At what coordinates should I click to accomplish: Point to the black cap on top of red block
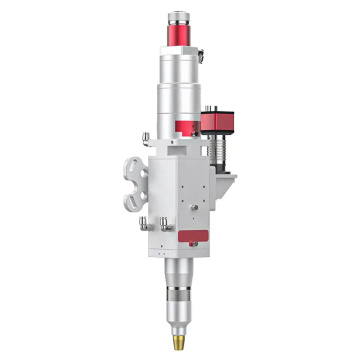point(217,108)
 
